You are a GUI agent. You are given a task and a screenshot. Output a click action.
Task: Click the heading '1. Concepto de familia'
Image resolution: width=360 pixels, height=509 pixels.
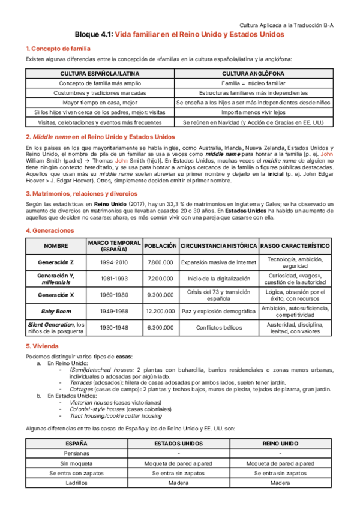click(x=58, y=48)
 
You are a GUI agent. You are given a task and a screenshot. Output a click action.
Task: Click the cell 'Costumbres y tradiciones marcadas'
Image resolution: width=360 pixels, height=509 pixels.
click(x=100, y=93)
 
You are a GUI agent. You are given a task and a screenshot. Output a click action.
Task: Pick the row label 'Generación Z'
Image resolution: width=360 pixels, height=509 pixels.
click(x=55, y=262)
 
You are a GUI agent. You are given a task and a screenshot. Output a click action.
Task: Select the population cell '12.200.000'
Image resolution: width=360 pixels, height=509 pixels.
click(x=160, y=311)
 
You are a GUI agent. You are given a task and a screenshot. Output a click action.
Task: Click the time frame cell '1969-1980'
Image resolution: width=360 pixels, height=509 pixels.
click(x=114, y=295)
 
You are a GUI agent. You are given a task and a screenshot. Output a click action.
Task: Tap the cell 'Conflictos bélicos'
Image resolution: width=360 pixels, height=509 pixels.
click(x=218, y=327)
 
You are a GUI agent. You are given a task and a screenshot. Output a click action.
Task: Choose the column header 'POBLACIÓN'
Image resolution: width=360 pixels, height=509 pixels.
click(x=160, y=246)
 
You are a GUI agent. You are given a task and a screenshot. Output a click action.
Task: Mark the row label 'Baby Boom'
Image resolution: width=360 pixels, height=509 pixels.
click(x=55, y=311)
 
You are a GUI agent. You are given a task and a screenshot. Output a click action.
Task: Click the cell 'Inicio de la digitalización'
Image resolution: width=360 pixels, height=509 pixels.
click(x=218, y=279)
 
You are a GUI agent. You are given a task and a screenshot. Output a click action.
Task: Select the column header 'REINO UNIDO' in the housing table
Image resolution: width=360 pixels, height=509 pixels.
click(x=280, y=444)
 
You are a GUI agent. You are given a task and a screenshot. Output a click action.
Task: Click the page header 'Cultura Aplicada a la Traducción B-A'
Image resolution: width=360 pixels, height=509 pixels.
click(x=287, y=25)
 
